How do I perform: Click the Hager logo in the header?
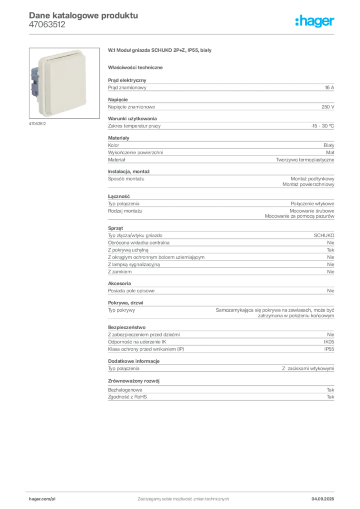tap(315, 21)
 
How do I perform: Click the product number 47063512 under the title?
tap(47, 25)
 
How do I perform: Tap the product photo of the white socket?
tap(64, 83)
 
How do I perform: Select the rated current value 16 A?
tap(329, 87)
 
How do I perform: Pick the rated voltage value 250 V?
tap(328, 107)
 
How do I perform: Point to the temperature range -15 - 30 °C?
tap(322, 126)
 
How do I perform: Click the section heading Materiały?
tap(118, 138)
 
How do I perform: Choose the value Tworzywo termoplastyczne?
tap(305, 160)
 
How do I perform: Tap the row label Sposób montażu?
tap(126, 179)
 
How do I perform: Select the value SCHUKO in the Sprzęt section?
tap(324, 235)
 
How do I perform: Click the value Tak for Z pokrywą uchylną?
tap(331, 250)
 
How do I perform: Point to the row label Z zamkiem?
tap(120, 272)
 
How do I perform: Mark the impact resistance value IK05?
tap(329, 342)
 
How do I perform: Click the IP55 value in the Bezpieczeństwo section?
tap(329, 349)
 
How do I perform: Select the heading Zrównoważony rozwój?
tap(134, 381)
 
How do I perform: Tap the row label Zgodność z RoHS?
tap(127, 397)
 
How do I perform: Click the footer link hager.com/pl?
tap(42, 499)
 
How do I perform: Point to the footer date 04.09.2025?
tap(323, 499)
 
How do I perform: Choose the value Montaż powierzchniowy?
tap(308, 184)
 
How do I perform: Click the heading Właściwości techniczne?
tap(135, 68)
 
